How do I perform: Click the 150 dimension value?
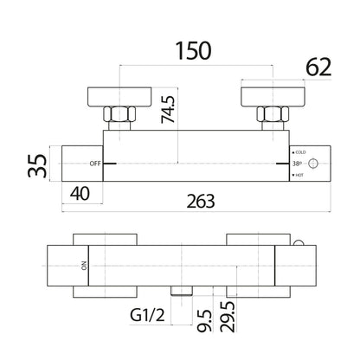click(x=193, y=51)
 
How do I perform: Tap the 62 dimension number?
click(x=318, y=67)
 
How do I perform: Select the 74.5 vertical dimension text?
click(x=168, y=109)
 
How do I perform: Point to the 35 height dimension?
click(x=37, y=165)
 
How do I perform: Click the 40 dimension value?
click(x=80, y=194)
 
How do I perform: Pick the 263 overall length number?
click(x=201, y=202)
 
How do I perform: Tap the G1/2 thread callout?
click(x=147, y=315)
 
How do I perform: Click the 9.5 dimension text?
click(x=205, y=321)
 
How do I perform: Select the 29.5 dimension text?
click(x=228, y=317)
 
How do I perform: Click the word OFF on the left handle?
click(x=95, y=164)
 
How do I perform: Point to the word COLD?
click(x=300, y=152)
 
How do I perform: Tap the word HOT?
click(x=299, y=175)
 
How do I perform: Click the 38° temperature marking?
click(x=297, y=164)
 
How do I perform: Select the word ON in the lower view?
click(x=84, y=266)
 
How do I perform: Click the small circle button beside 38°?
click(x=313, y=164)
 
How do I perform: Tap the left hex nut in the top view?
click(x=119, y=114)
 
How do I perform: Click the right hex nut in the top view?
click(x=273, y=114)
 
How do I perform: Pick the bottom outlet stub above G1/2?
click(x=182, y=291)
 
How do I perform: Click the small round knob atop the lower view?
click(x=299, y=243)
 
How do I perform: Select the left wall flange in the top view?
click(x=119, y=97)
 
